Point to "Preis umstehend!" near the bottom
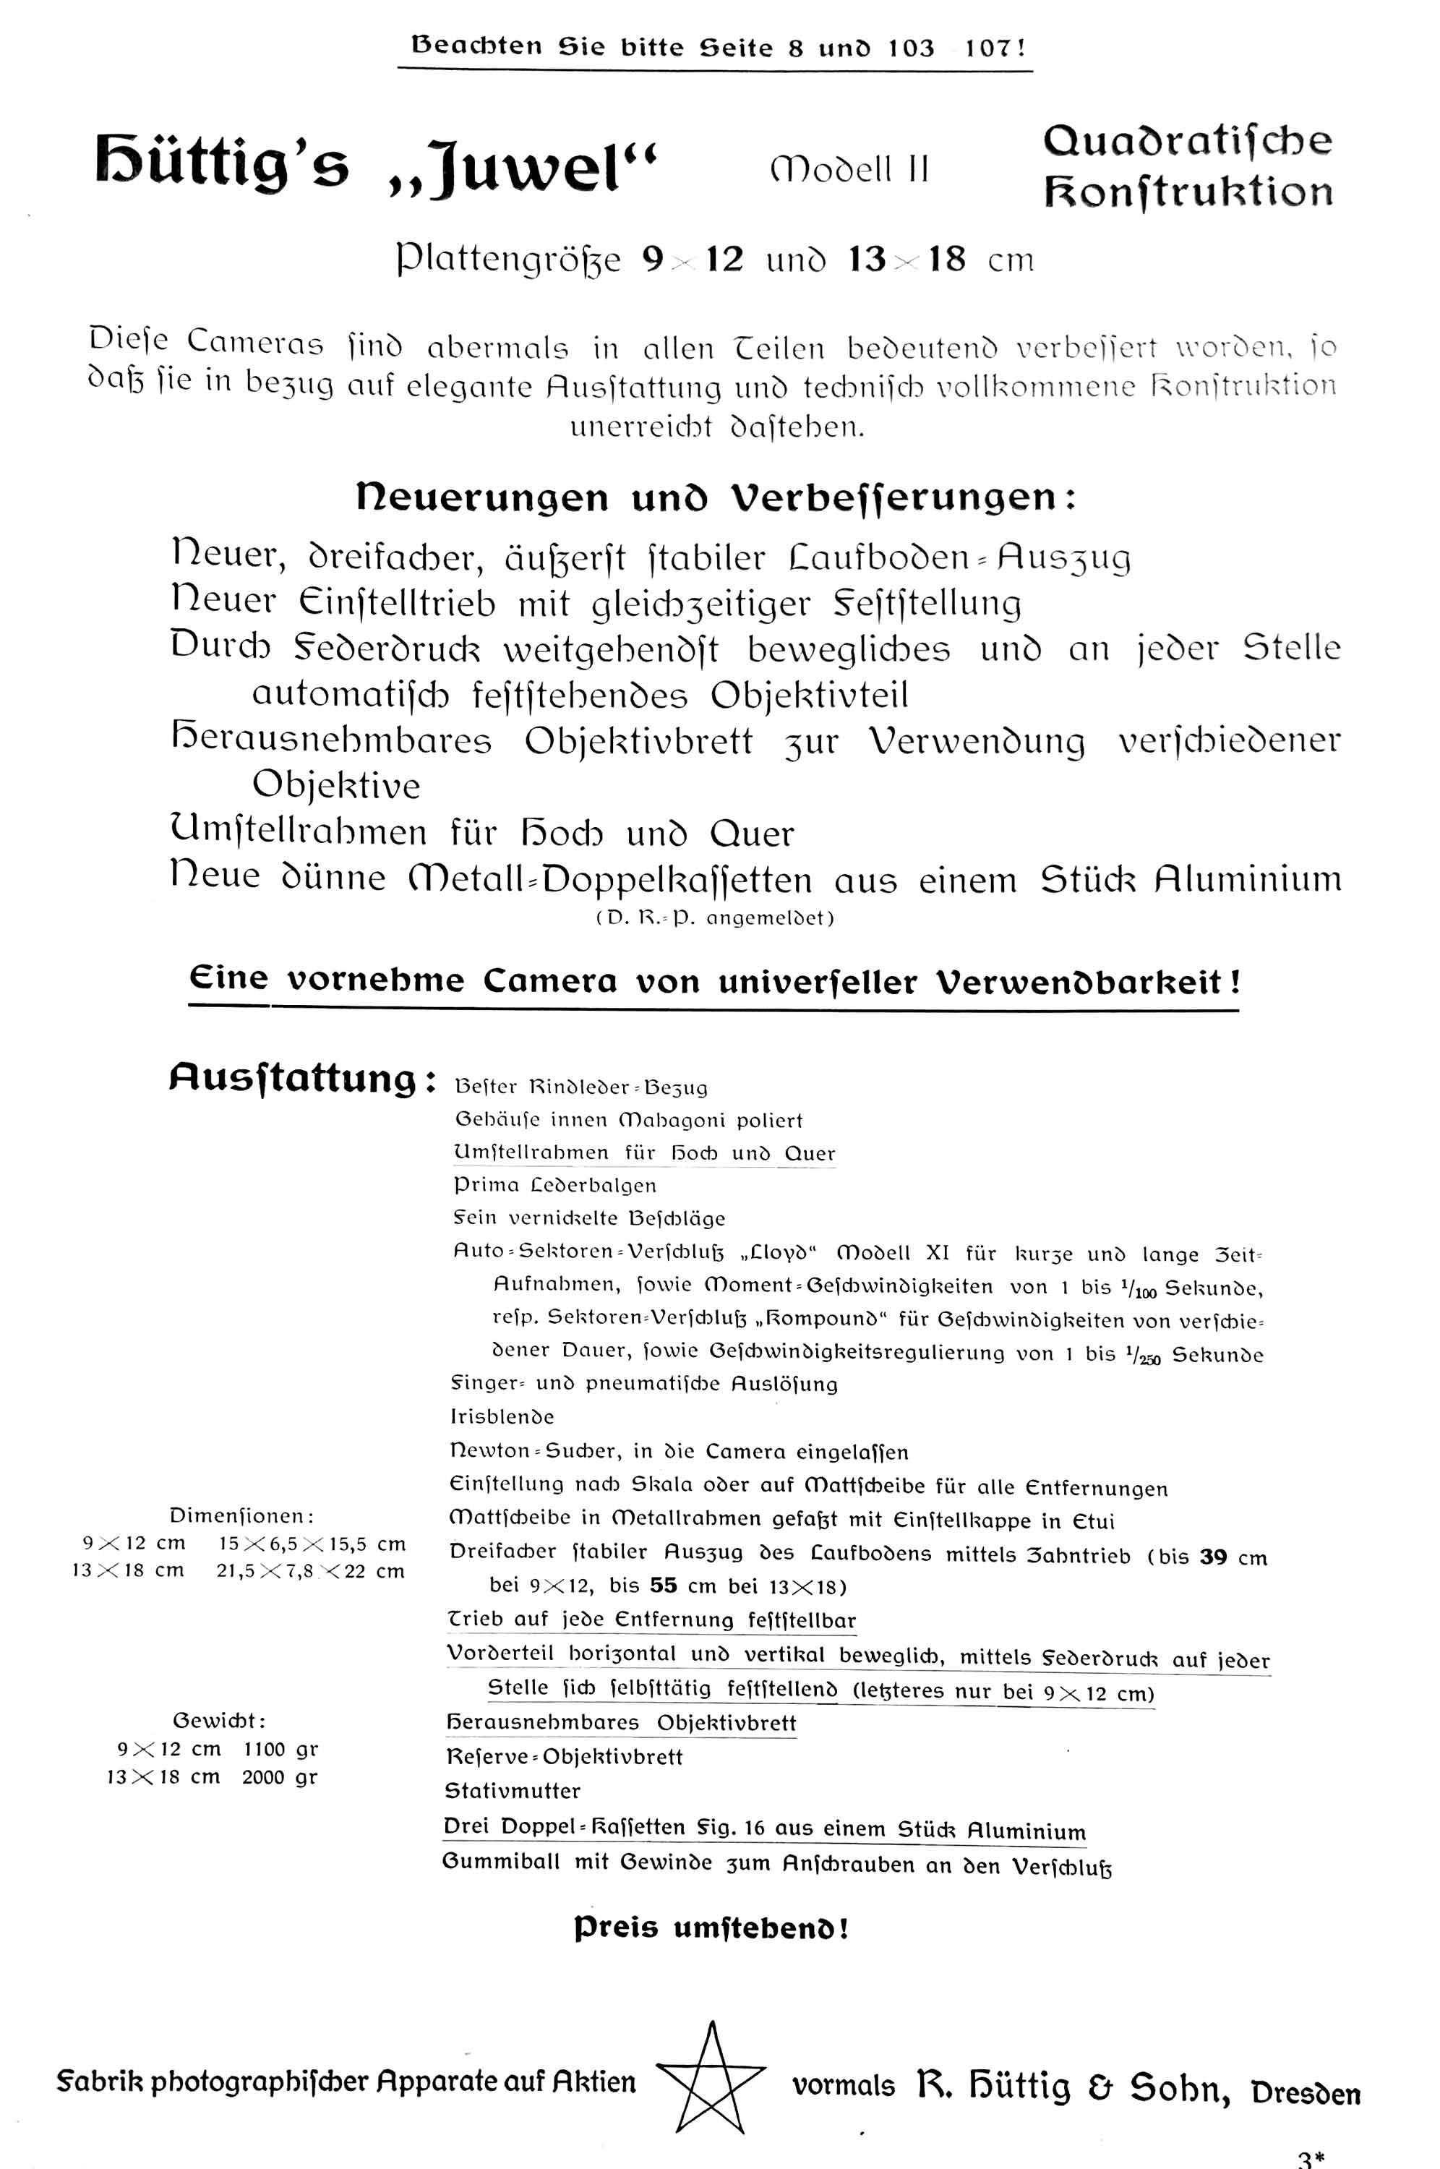pyautogui.click(x=712, y=1928)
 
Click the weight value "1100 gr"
pyautogui.click(x=280, y=1750)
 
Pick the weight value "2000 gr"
pyautogui.click(x=280, y=1777)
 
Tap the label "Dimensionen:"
pyautogui.click(x=242, y=1515)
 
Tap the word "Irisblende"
pyautogui.click(x=502, y=1417)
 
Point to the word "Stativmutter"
pyautogui.click(x=513, y=1792)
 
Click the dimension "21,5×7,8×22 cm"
pyautogui.click(x=310, y=1571)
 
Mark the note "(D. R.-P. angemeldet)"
pyautogui.click(x=714, y=918)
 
